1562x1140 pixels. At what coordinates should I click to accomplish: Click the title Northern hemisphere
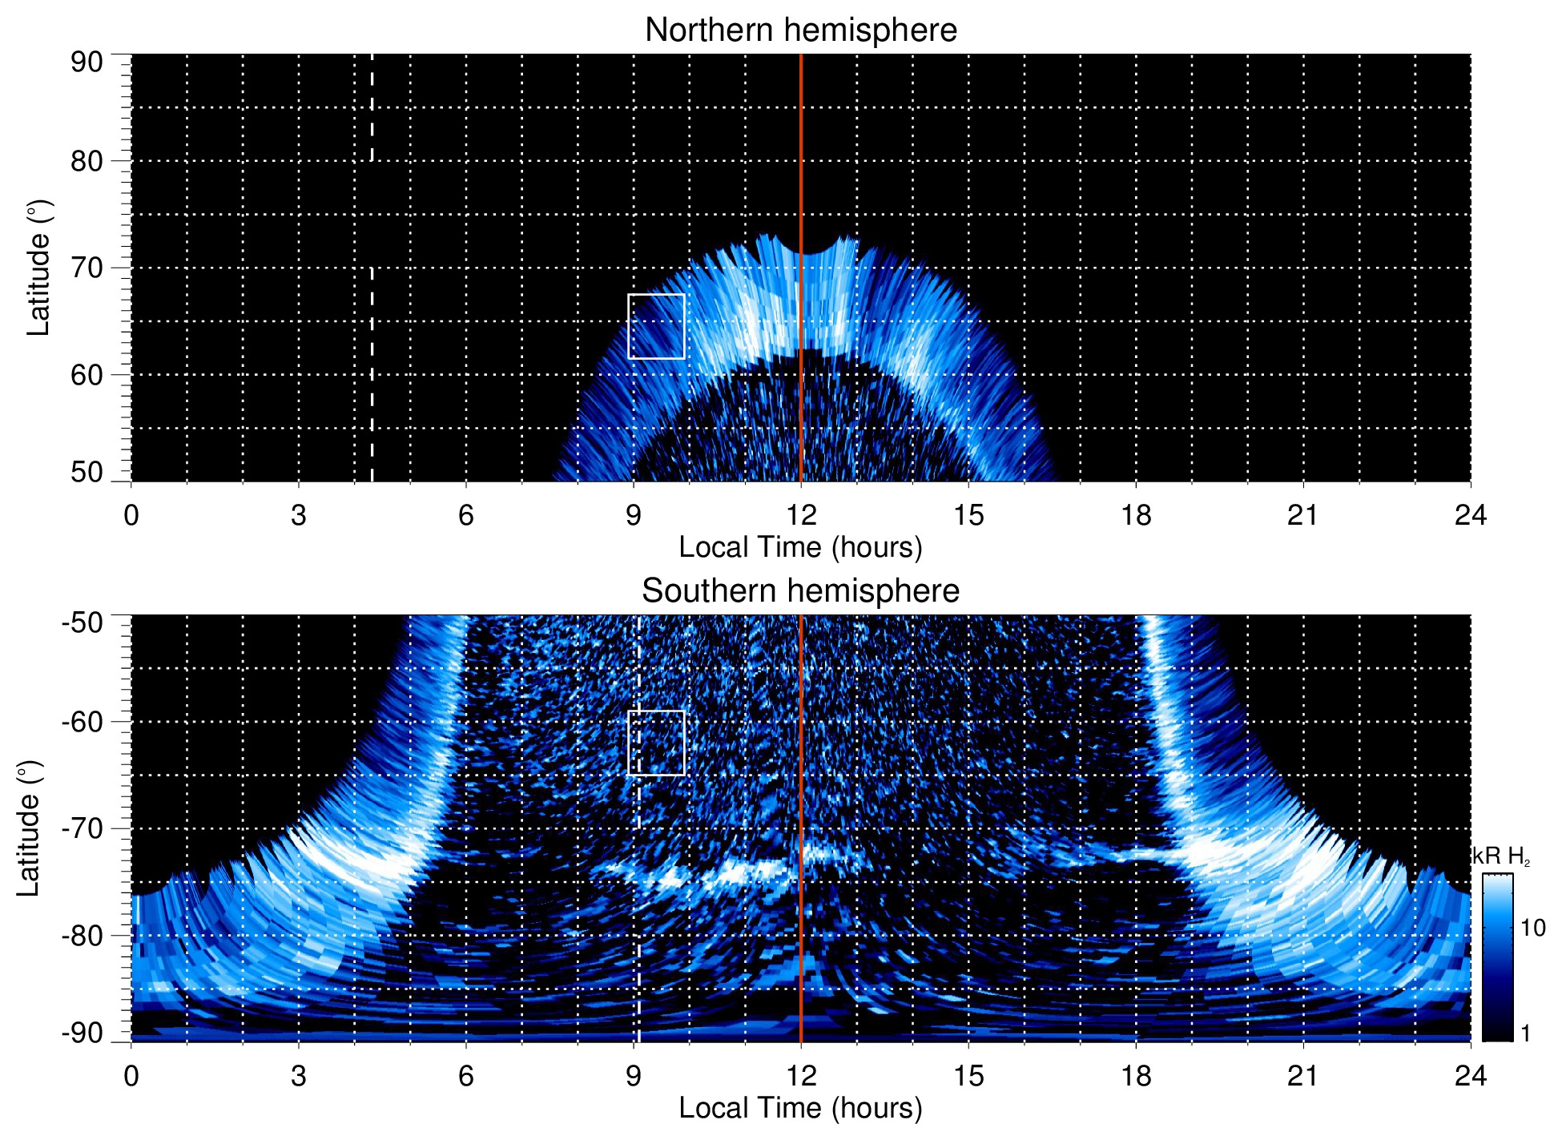click(x=800, y=30)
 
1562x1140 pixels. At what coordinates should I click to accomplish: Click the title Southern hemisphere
click(x=800, y=591)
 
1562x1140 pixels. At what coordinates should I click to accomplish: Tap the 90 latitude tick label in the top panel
click(x=87, y=62)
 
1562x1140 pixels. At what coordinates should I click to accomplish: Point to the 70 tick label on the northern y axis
click(x=87, y=268)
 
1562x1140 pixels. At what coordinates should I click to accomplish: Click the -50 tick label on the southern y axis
click(x=83, y=622)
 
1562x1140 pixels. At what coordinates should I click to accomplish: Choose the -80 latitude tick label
click(x=83, y=935)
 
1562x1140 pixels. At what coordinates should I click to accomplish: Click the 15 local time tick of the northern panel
click(x=968, y=515)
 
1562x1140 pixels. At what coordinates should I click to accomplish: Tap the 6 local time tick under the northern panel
click(x=466, y=515)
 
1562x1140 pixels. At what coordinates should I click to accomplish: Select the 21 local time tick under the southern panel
click(x=1303, y=1076)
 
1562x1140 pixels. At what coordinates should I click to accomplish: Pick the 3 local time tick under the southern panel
click(x=299, y=1076)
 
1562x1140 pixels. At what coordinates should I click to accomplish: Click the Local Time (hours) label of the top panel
click(x=800, y=547)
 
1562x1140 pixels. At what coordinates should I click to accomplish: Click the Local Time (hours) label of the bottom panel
click(x=800, y=1108)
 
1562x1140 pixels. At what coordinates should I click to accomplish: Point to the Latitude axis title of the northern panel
click(x=38, y=268)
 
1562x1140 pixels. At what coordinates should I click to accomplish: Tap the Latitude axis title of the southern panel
click(x=29, y=828)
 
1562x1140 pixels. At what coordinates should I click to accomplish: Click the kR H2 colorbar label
click(x=1501, y=856)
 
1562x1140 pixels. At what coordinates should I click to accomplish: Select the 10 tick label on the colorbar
click(x=1532, y=928)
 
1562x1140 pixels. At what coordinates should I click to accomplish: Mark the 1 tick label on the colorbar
click(x=1525, y=1033)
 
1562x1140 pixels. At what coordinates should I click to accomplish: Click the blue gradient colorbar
click(x=1496, y=957)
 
